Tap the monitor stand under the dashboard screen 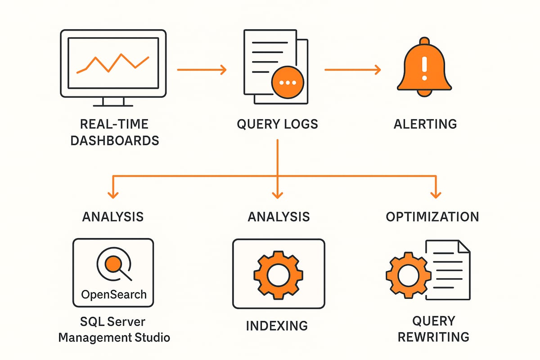pyautogui.click(x=113, y=102)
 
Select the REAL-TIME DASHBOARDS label pyautogui.click(x=114, y=132)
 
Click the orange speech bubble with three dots pyautogui.click(x=288, y=82)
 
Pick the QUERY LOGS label pyautogui.click(x=277, y=124)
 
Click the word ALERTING pyautogui.click(x=425, y=124)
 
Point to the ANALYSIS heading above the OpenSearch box pyautogui.click(x=112, y=216)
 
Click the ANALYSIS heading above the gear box pyautogui.click(x=279, y=216)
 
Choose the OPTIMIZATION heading pyautogui.click(x=432, y=216)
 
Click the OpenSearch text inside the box pyautogui.click(x=113, y=295)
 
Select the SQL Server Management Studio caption pyautogui.click(x=114, y=329)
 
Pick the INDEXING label pyautogui.click(x=277, y=325)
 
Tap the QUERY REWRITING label pyautogui.click(x=433, y=329)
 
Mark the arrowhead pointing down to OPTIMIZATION pyautogui.click(x=435, y=194)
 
